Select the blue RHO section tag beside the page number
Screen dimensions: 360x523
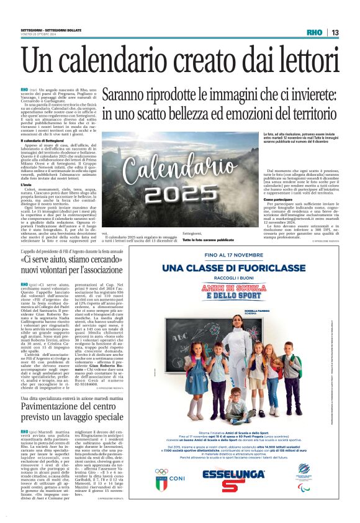tap(315, 32)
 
